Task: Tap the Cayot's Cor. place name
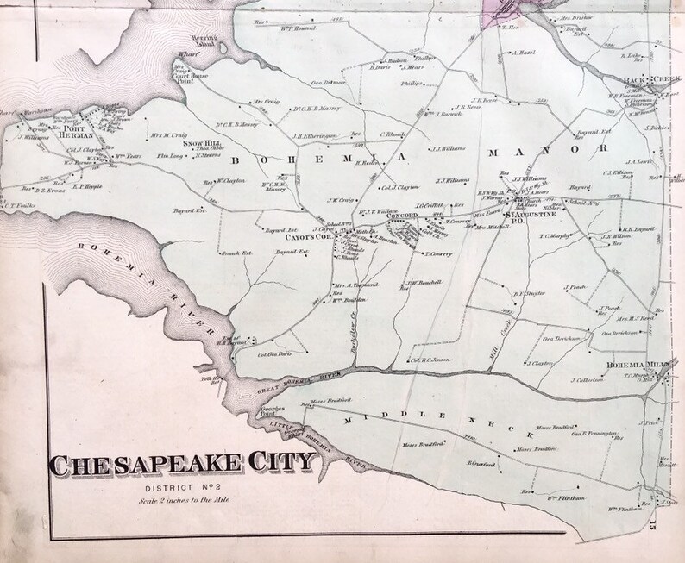(289, 235)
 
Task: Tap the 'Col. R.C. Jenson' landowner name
(430, 360)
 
